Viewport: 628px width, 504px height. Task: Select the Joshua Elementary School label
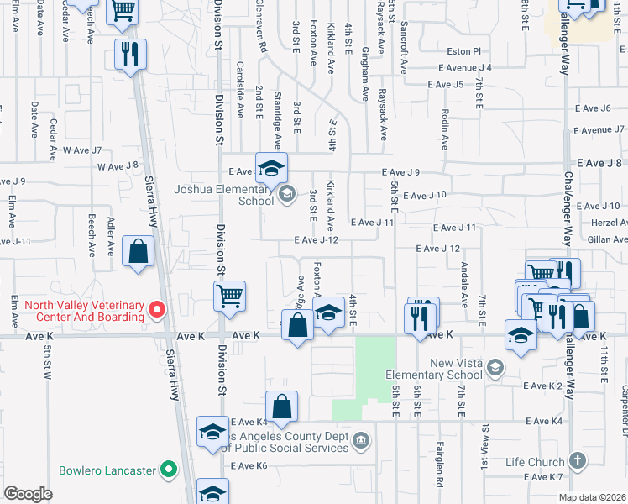pyautogui.click(x=223, y=195)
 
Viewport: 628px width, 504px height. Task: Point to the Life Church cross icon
pyautogui.click(x=576, y=460)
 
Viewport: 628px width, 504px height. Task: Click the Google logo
pyautogui.click(x=29, y=494)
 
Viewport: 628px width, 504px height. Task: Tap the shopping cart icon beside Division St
pyautogui.click(x=229, y=296)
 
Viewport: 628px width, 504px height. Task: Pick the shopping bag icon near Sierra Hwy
pyautogui.click(x=138, y=251)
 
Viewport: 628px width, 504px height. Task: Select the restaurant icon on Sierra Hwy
pyautogui.click(x=130, y=55)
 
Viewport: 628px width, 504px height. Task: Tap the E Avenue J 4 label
pyautogui.click(x=464, y=67)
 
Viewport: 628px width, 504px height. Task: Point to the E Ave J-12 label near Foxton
pyautogui.click(x=316, y=240)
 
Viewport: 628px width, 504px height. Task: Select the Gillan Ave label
pyautogui.click(x=609, y=239)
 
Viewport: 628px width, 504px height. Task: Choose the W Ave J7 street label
pyautogui.click(x=87, y=150)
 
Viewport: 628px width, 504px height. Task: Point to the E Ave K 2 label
pyautogui.click(x=542, y=386)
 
